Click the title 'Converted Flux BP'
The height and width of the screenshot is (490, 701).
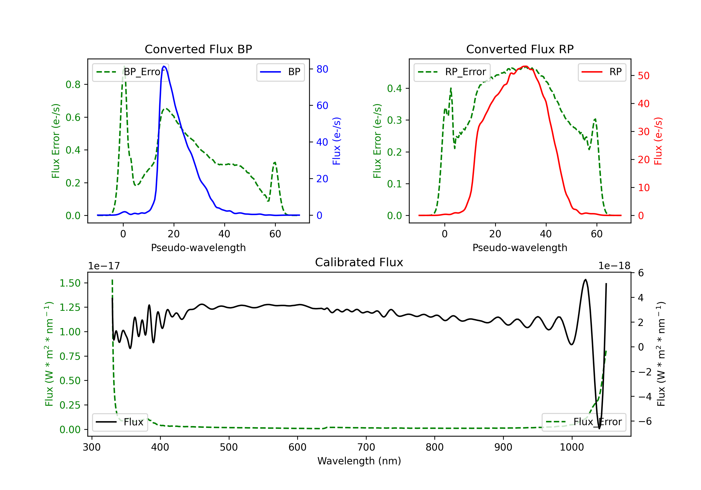(198, 49)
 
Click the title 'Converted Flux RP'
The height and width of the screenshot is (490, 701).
(520, 49)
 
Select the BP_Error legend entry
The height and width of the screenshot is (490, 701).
(130, 72)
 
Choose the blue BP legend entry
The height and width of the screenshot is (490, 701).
(280, 72)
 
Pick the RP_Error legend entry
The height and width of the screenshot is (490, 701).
(452, 72)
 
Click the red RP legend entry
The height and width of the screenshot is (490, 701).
(602, 72)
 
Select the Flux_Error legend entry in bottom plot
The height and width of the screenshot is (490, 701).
(584, 422)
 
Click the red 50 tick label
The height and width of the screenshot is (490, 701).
(644, 76)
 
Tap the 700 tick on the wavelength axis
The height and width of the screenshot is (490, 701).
(366, 447)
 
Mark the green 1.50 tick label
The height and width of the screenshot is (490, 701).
(70, 283)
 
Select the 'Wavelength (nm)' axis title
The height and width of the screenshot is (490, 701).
(359, 461)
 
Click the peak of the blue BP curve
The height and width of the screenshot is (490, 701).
(164, 66)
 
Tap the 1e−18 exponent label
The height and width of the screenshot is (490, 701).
(614, 266)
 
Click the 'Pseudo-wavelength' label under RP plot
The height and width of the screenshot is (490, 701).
(520, 248)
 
